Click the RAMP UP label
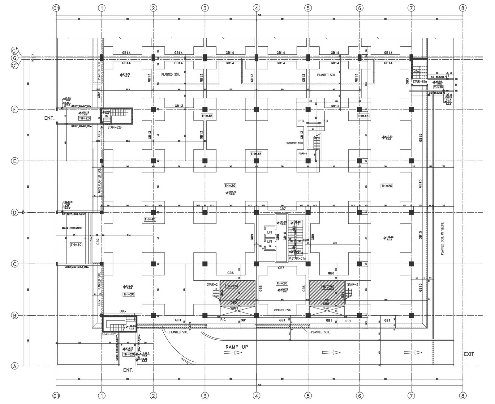[236, 347]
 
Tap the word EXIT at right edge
[469, 354]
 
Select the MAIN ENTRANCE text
[72, 228]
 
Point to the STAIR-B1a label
[420, 82]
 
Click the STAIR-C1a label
[298, 258]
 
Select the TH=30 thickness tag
[76, 245]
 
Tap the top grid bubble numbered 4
[256, 8]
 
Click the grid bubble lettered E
[14, 161]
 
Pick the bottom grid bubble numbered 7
[411, 396]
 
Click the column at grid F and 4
[256, 109]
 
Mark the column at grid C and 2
[153, 264]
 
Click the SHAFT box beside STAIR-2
[234, 308]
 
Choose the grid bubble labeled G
[14, 58]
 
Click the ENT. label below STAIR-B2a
[128, 370]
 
